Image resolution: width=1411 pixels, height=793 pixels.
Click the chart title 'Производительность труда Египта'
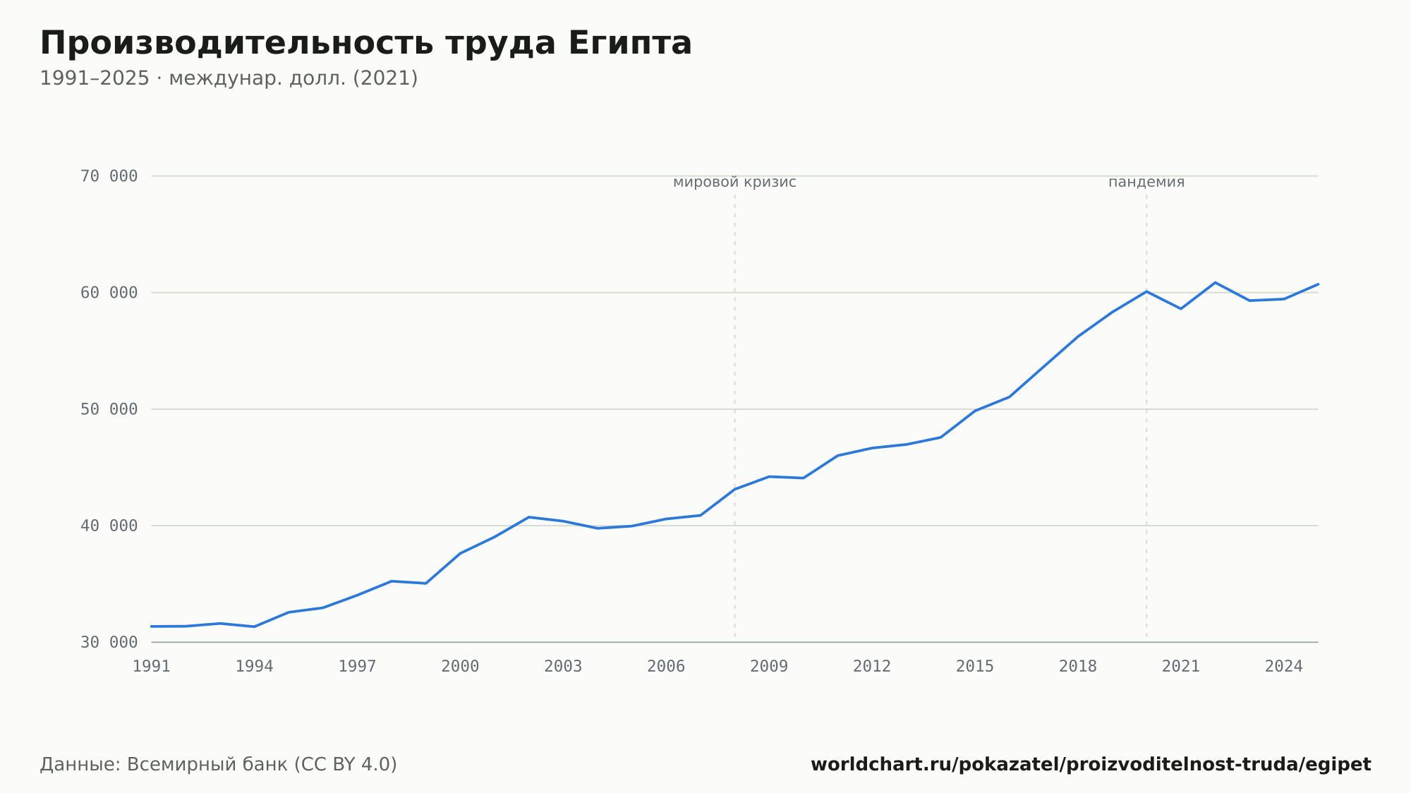pos(365,44)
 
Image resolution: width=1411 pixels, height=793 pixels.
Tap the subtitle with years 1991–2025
pos(229,78)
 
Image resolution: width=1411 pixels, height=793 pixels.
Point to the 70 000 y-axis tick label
pos(109,176)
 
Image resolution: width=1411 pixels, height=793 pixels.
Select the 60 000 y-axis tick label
pos(109,293)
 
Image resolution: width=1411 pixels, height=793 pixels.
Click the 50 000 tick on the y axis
pos(109,409)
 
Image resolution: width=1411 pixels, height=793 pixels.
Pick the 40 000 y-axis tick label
pos(109,526)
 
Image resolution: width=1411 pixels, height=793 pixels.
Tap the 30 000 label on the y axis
pos(109,642)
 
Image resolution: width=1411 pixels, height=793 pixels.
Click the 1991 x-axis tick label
pos(152,667)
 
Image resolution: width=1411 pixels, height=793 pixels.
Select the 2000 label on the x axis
pos(460,667)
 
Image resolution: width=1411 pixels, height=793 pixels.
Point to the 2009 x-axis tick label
pos(769,667)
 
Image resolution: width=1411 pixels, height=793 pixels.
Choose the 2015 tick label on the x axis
pos(975,667)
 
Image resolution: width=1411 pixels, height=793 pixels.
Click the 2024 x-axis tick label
pos(1284,667)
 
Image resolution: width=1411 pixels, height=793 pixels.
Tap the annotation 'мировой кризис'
pos(734,183)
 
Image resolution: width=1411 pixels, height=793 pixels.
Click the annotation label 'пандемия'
pos(1146,183)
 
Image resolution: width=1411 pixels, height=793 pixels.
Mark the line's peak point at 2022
pos(1215,283)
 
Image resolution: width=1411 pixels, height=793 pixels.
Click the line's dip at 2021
pos(1181,308)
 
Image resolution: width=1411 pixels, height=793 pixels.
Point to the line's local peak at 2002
pos(528,517)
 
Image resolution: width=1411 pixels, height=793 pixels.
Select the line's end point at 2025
pos(1318,284)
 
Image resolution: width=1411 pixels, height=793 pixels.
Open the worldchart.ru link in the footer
pos(1091,765)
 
